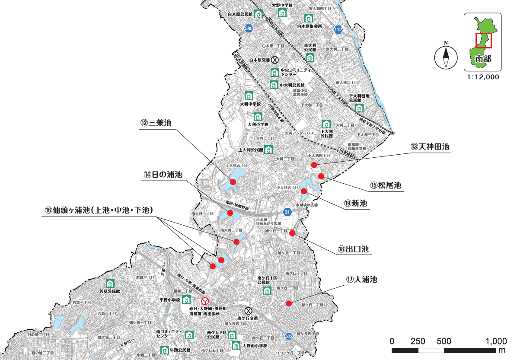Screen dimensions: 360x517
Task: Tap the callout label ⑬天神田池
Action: click(430, 147)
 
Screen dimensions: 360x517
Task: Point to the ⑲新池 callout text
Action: click(356, 203)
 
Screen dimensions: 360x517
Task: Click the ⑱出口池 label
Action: click(353, 249)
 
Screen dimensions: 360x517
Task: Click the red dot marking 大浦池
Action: click(289, 303)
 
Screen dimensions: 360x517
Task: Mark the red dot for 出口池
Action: click(292, 233)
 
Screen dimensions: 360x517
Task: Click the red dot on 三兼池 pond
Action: click(233, 182)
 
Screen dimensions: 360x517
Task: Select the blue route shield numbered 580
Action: click(248, 29)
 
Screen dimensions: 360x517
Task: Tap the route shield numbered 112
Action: click(338, 29)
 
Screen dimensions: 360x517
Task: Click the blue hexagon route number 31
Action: click(287, 212)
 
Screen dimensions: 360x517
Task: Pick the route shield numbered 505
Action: click(289, 336)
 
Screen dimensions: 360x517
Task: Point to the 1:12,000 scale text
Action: click(482, 77)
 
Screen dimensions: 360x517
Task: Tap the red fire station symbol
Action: click(205, 300)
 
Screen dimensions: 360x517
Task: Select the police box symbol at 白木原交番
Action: click(274, 60)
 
